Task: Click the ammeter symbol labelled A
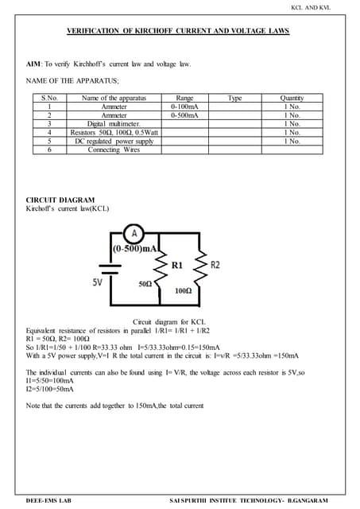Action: tap(135, 234)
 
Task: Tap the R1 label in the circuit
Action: tap(178, 264)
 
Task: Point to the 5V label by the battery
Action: tap(97, 282)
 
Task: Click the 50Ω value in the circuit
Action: tap(145, 283)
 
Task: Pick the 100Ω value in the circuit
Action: tap(183, 291)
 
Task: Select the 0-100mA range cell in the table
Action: tap(184, 107)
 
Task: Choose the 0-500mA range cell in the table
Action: tap(184, 115)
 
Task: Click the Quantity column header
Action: tap(292, 98)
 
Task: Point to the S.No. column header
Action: tap(49, 98)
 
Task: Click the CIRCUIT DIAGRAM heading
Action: tap(60, 200)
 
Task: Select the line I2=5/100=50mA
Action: tap(50, 389)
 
